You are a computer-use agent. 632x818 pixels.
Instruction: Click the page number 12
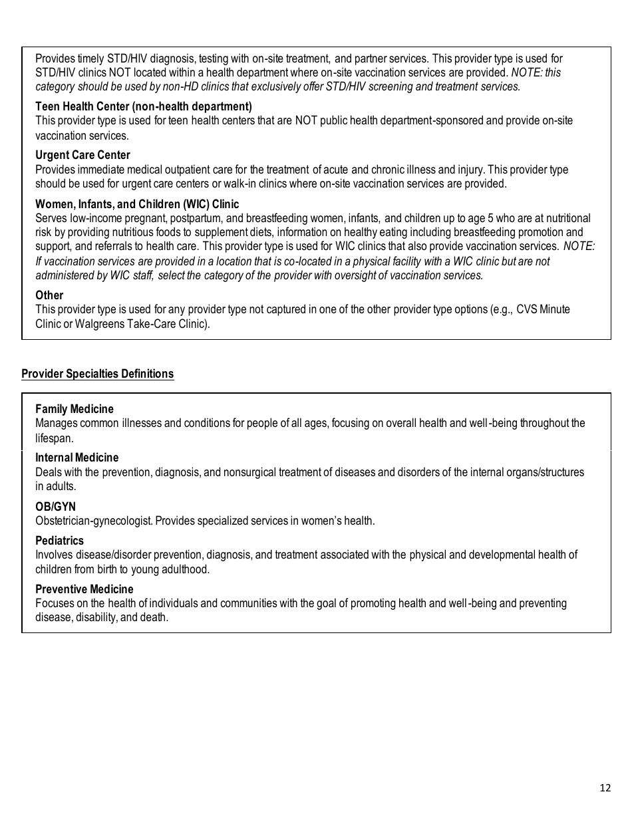(x=604, y=788)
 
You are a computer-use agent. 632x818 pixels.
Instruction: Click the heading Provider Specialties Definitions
(x=97, y=374)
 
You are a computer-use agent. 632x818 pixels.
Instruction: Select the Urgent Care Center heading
(x=82, y=155)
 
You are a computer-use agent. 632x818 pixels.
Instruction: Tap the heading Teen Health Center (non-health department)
(x=143, y=106)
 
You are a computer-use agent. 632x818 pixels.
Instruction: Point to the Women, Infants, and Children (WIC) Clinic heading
(x=137, y=204)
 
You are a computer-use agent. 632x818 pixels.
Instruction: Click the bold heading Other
(x=49, y=295)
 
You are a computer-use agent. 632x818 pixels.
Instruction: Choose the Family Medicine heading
(x=75, y=409)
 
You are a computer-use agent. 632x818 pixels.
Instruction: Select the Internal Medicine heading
(x=77, y=458)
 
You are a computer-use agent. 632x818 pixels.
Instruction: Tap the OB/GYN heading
(x=55, y=507)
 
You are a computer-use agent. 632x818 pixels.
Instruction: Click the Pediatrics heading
(x=59, y=541)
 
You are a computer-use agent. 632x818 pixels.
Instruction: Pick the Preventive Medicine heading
(x=84, y=589)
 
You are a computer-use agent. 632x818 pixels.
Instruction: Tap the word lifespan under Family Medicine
(x=53, y=438)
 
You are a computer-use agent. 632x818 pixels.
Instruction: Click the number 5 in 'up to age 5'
(x=491, y=218)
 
